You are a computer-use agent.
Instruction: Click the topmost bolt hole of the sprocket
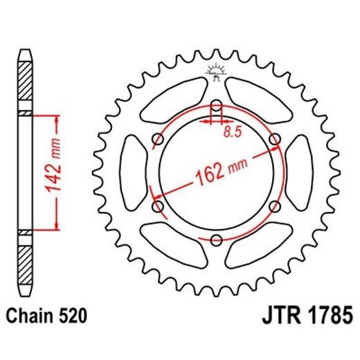(x=215, y=106)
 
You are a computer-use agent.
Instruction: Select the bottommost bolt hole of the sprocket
(x=215, y=240)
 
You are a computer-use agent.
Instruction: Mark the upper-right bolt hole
(x=274, y=140)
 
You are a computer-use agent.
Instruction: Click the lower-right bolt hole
(x=274, y=206)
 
